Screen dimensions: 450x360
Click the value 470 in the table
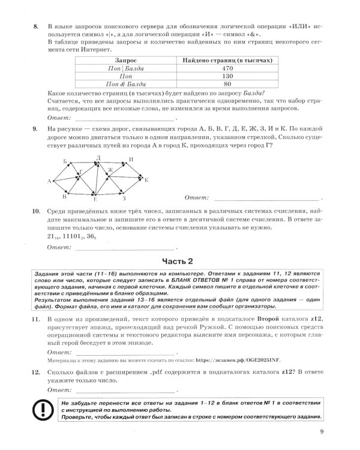228,69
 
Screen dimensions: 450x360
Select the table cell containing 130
228,77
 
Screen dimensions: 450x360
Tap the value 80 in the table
228,85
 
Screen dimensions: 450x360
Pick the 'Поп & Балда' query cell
125,85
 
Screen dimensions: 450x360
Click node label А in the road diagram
49,181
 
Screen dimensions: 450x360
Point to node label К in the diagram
147,179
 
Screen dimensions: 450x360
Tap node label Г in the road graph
80,172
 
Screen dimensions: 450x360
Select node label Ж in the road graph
110,170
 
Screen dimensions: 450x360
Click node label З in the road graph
124,199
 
